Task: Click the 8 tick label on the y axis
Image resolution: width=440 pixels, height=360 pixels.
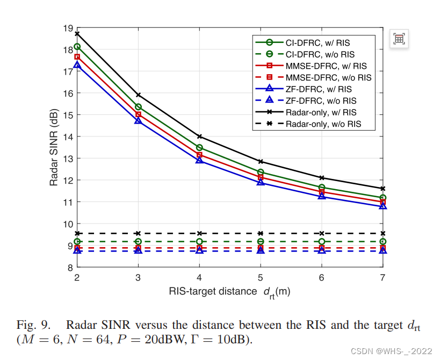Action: (69, 268)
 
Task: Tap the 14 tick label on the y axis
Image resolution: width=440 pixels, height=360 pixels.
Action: (67, 136)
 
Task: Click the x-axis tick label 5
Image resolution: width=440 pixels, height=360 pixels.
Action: (261, 278)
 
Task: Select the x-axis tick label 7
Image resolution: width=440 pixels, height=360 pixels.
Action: (383, 278)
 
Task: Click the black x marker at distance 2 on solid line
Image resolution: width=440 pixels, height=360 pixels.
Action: (77, 33)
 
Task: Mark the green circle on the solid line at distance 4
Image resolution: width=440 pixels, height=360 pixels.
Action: (199, 148)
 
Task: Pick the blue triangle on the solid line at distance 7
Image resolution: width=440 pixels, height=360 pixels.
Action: (383, 206)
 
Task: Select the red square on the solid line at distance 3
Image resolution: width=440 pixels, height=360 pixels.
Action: (138, 114)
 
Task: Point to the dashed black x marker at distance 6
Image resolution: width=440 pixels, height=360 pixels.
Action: (321, 233)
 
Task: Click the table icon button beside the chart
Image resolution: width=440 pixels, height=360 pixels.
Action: (399, 39)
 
